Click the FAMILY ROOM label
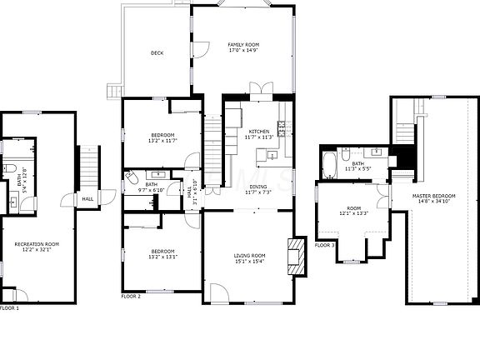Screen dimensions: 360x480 coord(245,44)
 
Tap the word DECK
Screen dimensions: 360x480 coord(157,53)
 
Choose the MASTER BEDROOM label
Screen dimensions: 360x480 coord(432,196)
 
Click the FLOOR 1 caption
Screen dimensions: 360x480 coord(9,308)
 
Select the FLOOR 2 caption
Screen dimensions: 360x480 coord(131,296)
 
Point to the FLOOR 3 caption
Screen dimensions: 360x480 coord(324,245)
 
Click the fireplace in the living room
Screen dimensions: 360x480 coord(296,256)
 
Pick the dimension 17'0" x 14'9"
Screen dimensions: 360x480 coord(245,51)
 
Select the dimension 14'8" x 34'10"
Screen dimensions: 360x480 coord(432,202)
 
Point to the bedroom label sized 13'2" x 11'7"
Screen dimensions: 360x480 coord(162,135)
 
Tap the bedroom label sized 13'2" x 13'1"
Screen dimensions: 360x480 coord(162,252)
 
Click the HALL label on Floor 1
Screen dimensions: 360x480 coord(87,198)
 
